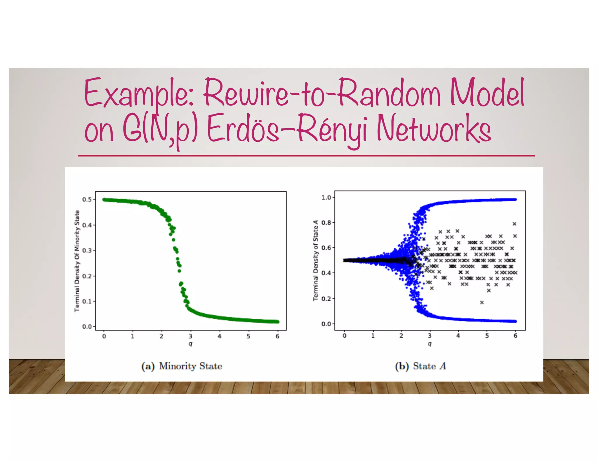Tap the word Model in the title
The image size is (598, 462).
tap(487, 93)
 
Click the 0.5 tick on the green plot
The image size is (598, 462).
tap(87, 199)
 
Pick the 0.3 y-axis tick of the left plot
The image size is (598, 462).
tap(87, 251)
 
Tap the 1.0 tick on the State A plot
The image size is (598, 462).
tap(326, 197)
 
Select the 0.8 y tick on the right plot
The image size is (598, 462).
tap(326, 223)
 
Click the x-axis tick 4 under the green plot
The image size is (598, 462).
tap(219, 336)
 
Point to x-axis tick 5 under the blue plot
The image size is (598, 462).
tap(487, 336)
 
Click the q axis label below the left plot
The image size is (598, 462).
tap(190, 344)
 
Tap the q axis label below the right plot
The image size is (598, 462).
tap(430, 344)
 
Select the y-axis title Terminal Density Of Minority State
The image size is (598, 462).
tap(77, 261)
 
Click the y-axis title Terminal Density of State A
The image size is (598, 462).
tap(315, 260)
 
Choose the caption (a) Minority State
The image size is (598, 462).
tap(182, 366)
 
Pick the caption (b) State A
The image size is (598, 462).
tap(420, 366)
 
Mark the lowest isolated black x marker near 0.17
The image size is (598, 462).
tap(482, 303)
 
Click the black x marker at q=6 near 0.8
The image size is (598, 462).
tap(514, 224)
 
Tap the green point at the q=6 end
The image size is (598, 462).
tap(277, 322)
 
